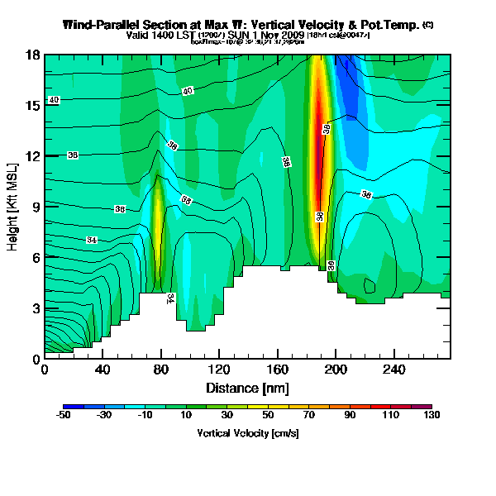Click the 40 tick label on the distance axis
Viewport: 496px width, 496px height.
[103, 370]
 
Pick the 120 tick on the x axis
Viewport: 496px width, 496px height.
[219, 370]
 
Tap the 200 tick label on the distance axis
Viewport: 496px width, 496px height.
[335, 370]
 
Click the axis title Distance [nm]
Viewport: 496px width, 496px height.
[247, 386]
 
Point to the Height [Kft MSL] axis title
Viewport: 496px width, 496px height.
[14, 207]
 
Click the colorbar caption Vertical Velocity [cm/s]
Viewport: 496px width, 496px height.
[247, 432]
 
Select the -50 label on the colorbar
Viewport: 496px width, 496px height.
[64, 416]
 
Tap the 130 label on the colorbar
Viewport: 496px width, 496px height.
[432, 416]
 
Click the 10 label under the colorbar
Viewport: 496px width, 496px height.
[186, 416]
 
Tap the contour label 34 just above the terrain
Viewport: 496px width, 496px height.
[171, 298]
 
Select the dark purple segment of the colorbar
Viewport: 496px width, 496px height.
[427, 407]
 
